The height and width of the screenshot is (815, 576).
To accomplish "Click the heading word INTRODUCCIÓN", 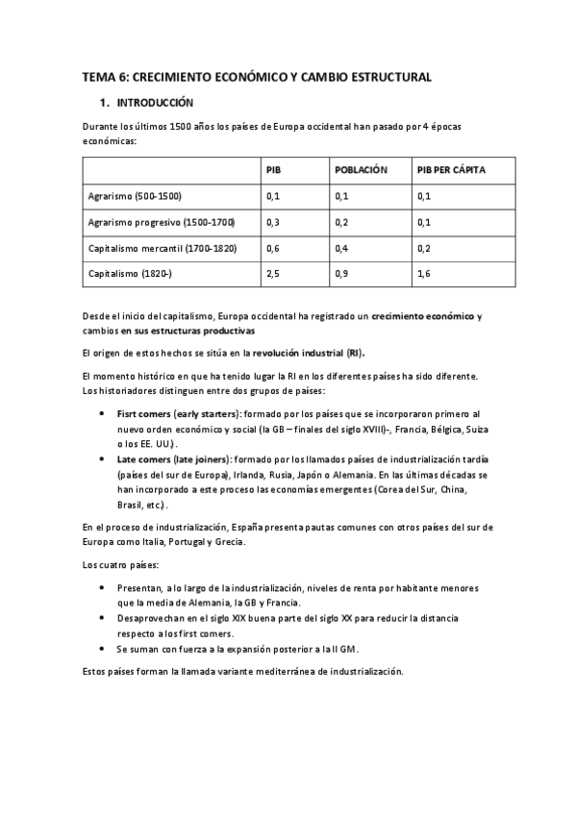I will pos(155,102).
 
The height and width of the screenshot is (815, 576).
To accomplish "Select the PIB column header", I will pos(273,170).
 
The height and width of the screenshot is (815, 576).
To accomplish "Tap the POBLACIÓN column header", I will pos(361,170).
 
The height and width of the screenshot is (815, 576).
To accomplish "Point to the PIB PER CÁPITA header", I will pos(451,170).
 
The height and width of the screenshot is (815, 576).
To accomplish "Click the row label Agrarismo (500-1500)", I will pos(134,196).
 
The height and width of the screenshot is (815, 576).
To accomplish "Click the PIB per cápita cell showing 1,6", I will pos(423,274).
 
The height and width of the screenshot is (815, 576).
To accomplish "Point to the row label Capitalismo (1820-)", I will pos(130,274).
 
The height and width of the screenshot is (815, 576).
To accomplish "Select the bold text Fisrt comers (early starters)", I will pos(169,412).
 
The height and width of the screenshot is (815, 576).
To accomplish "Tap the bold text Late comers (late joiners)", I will pos(167,460).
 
